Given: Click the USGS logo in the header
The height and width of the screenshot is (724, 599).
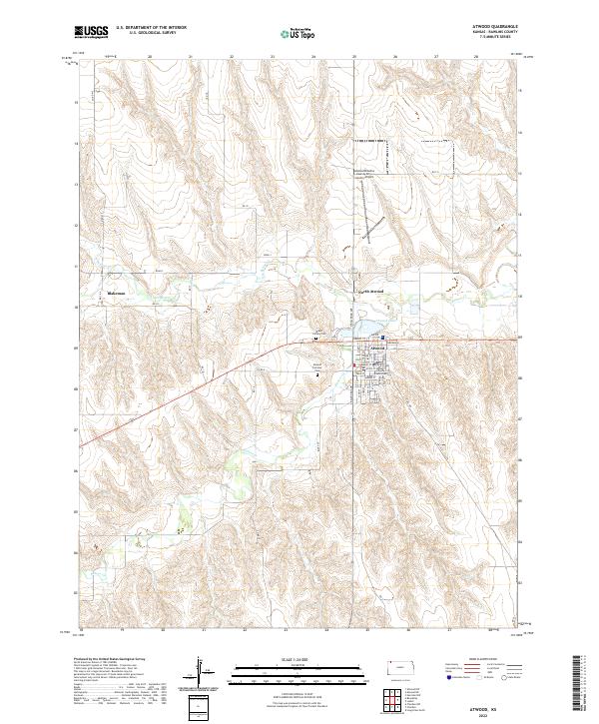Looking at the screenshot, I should (x=91, y=32).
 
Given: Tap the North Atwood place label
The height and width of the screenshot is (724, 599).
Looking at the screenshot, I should (x=370, y=291).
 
